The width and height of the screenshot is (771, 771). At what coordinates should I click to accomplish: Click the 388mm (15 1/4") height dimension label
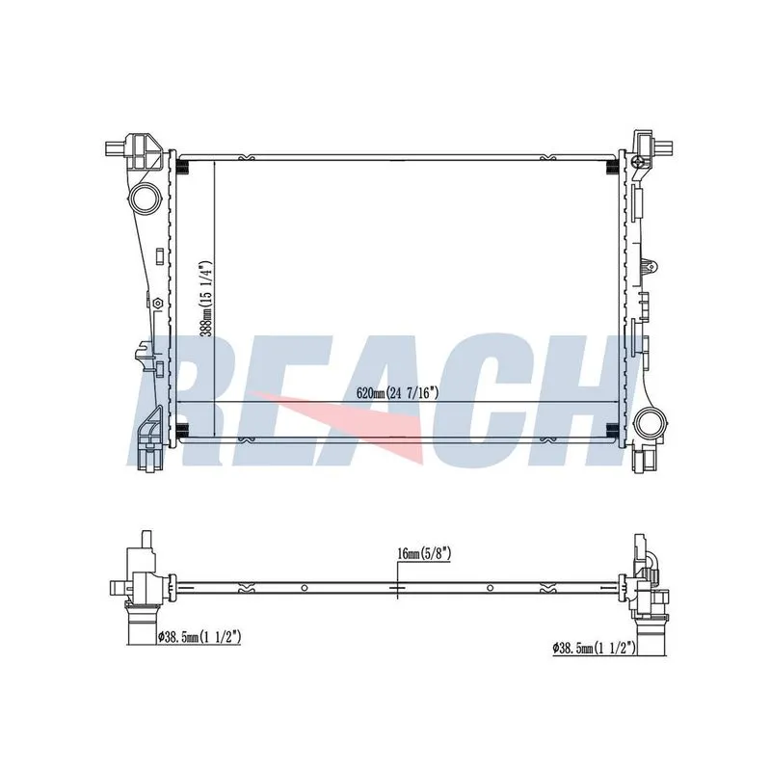coord(208,299)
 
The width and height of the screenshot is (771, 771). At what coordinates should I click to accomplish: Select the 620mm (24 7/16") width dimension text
coord(397,393)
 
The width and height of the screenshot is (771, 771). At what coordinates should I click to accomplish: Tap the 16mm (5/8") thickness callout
coord(424,553)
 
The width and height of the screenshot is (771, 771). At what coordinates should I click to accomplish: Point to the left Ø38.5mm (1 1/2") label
coord(199,638)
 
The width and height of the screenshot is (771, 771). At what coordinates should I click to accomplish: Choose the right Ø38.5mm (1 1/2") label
coord(595,648)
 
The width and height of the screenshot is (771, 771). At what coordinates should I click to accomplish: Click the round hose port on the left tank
coord(145,199)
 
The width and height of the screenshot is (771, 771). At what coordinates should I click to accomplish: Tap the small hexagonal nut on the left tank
coord(157,304)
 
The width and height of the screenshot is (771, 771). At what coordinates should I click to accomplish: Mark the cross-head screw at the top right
coord(638,161)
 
